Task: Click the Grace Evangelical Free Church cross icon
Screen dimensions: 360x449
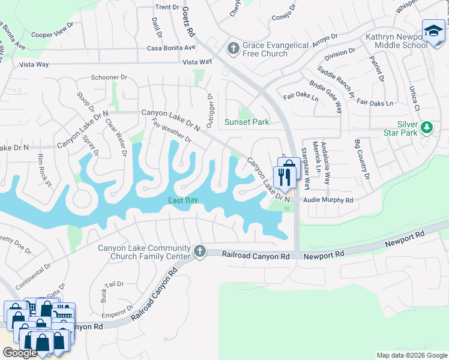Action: tap(234, 47)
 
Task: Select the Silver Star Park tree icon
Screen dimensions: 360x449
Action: tap(427, 127)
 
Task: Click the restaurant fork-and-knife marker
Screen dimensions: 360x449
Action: tap(284, 176)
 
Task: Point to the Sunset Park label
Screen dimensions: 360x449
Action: tap(246, 122)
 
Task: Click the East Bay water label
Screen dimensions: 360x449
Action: tap(182, 200)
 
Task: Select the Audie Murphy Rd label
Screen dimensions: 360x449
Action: tap(328, 200)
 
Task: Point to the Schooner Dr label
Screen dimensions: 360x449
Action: tap(109, 77)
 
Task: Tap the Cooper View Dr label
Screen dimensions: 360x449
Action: tap(52, 34)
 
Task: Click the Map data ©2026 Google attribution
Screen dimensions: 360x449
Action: tap(411, 355)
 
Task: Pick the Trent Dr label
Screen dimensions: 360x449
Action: tap(167, 7)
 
